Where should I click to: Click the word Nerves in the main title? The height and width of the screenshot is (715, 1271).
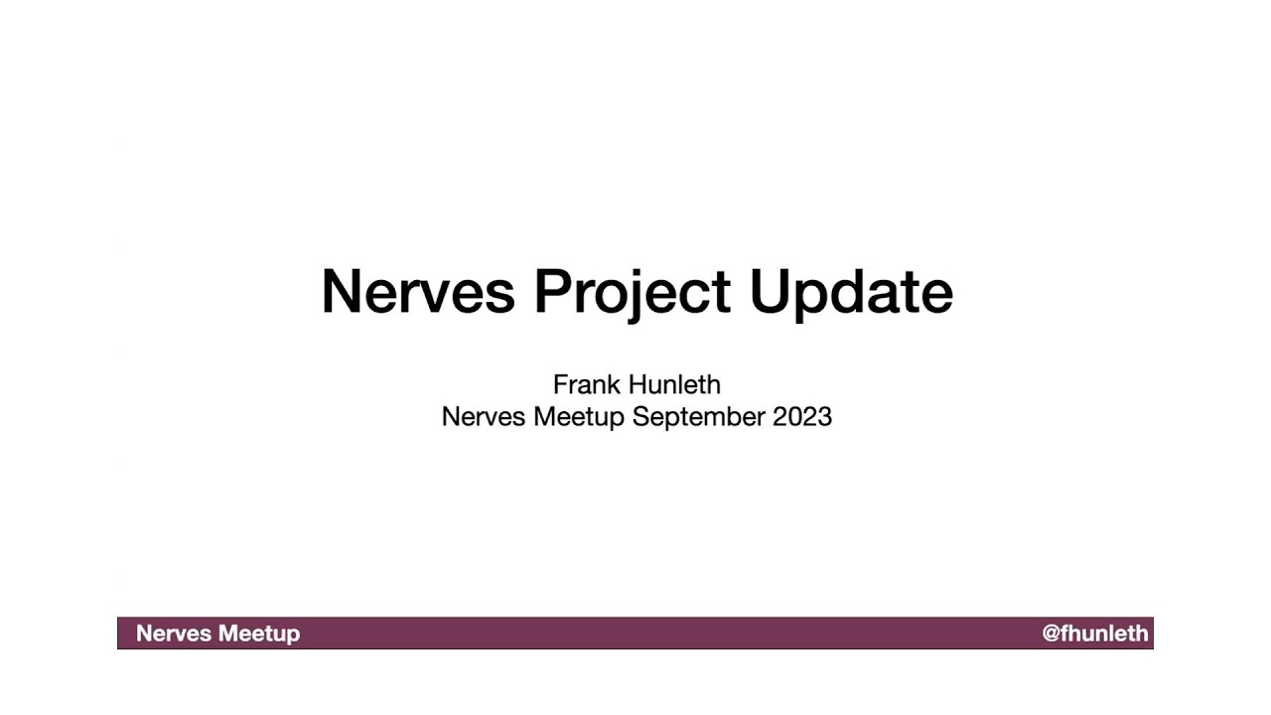coord(418,291)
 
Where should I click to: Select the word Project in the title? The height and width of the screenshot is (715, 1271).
coord(633,291)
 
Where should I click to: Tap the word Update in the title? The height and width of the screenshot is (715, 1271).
coord(851,291)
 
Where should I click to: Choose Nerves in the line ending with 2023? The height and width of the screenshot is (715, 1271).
coord(484,416)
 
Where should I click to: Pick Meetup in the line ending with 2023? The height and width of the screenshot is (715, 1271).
coord(578,417)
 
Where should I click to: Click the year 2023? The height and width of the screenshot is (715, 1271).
coord(802,416)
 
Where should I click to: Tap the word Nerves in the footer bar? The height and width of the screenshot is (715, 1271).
coord(173,634)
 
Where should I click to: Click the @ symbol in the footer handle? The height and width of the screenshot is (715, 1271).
coord(1051,634)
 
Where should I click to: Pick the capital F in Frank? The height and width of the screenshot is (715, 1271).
coord(559,384)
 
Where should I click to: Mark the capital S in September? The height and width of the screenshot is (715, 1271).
coord(639,416)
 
